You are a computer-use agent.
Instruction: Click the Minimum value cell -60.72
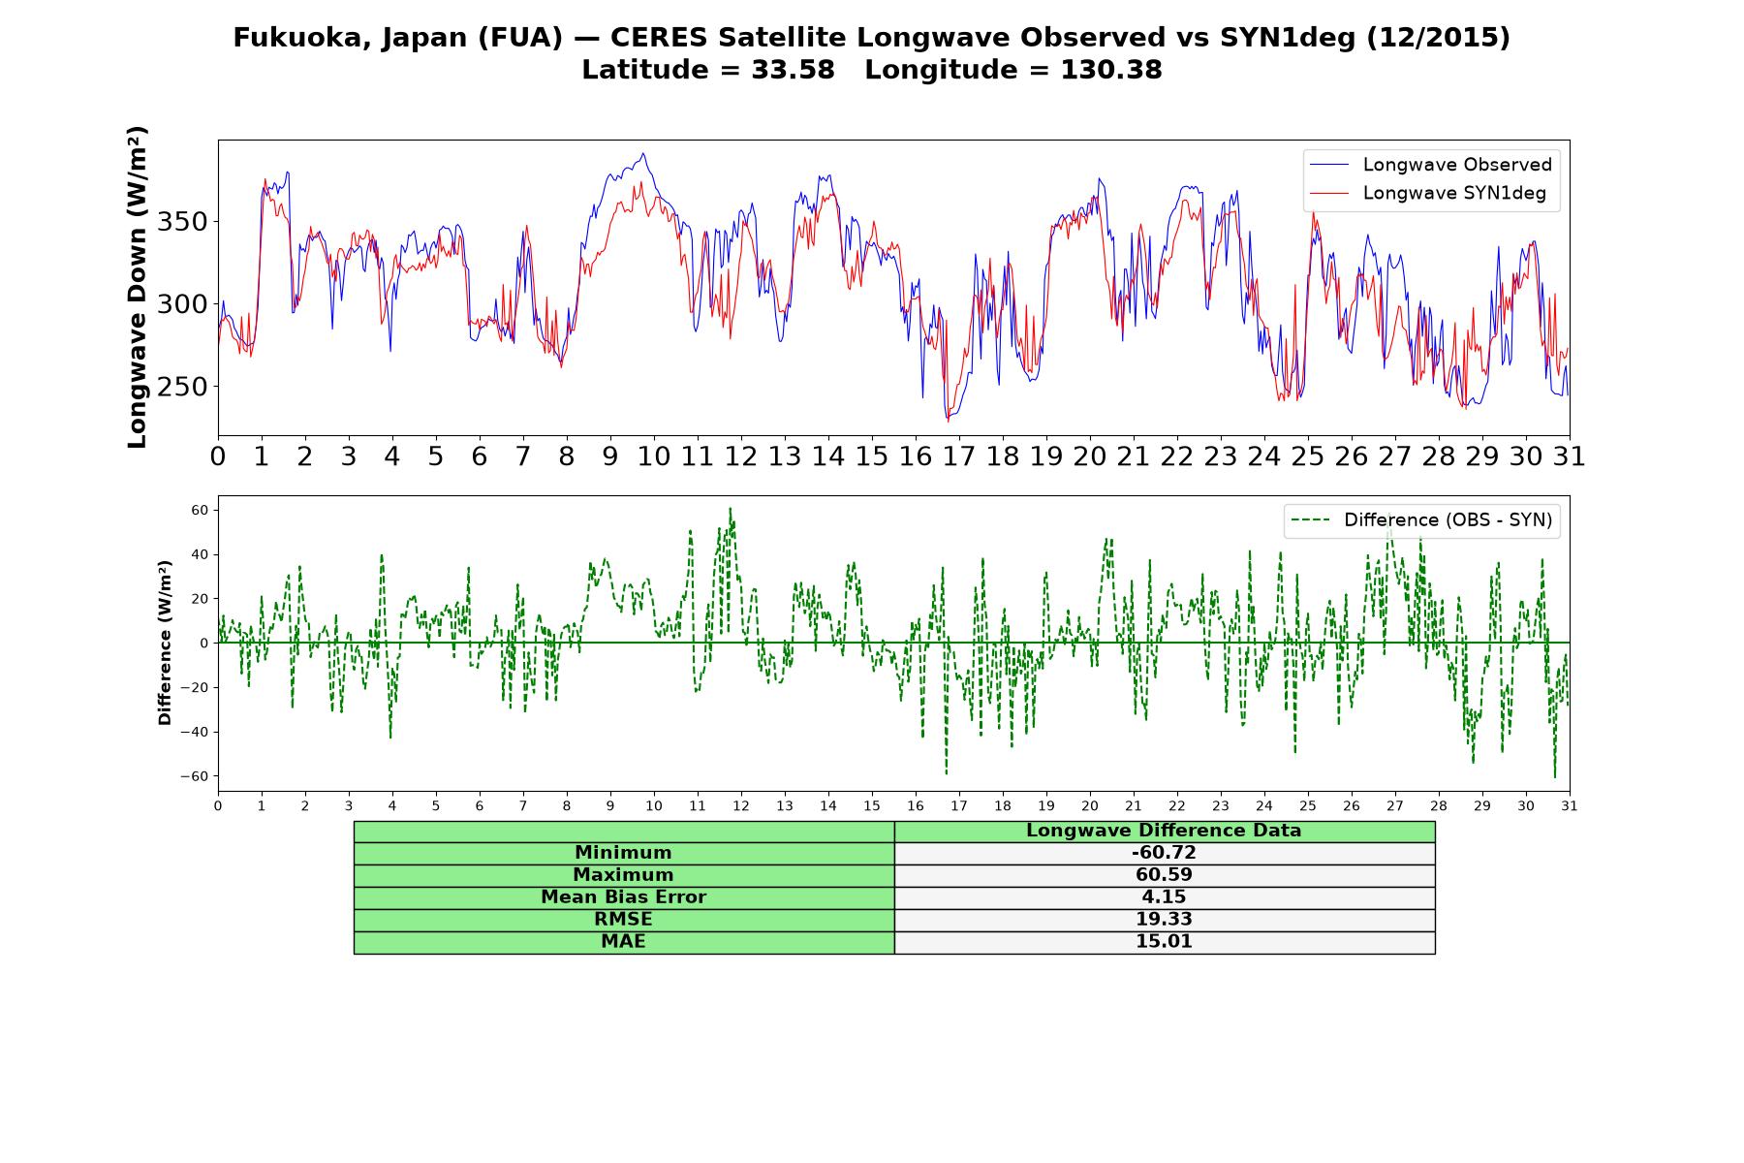tap(1164, 853)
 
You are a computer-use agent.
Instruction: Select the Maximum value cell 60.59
tap(1164, 875)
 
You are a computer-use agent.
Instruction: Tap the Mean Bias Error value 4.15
tap(1164, 897)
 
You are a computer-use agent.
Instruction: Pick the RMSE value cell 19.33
tap(1164, 920)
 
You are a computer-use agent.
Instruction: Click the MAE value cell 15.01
tap(1164, 942)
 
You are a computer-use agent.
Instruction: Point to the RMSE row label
tap(623, 920)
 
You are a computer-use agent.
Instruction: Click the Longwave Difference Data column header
tap(1164, 831)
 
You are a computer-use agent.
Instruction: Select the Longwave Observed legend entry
tap(1431, 165)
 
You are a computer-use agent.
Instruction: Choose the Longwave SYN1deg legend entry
tap(1428, 193)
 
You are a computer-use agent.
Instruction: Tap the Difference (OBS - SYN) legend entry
tap(1421, 520)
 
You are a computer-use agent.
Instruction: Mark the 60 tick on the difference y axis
tap(201, 510)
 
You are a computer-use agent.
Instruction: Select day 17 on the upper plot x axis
tap(959, 456)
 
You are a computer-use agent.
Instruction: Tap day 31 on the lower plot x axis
tap(1570, 805)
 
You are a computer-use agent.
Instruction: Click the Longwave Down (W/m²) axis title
tap(138, 287)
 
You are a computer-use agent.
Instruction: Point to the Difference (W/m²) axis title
tap(165, 643)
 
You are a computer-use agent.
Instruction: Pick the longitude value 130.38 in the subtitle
tap(1111, 70)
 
